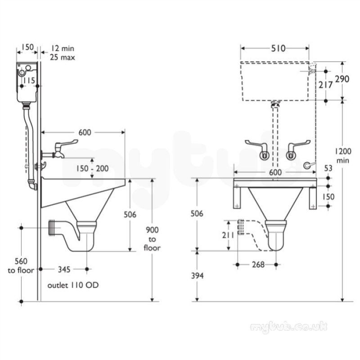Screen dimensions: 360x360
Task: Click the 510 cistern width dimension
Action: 278,48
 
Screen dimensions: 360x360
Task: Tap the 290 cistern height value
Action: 342,79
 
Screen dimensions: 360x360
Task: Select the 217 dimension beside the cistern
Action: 325,85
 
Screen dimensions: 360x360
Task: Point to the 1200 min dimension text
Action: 342,156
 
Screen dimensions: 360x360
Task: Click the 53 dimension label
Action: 328,168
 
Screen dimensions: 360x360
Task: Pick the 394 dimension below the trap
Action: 198,276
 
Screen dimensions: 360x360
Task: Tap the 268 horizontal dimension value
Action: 258,265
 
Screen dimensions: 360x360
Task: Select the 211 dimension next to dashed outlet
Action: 228,235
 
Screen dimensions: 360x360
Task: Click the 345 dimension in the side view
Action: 64,269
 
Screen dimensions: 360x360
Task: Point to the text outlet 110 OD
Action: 73,285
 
